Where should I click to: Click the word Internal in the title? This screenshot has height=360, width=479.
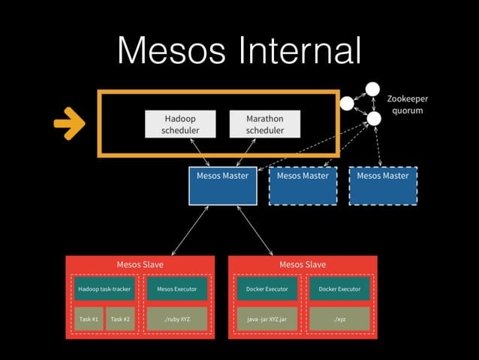pos(301,51)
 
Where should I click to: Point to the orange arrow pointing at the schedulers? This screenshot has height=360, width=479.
pos(69,124)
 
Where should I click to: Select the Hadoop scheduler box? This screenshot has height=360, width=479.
pos(180,124)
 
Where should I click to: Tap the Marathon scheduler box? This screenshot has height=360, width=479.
pos(265,124)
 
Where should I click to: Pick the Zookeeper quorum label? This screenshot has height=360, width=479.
pos(408,104)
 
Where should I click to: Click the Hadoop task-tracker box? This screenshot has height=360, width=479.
pos(104,289)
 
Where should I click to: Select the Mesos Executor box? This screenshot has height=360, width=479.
pos(177,289)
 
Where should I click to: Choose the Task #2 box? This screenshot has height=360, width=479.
pos(120,319)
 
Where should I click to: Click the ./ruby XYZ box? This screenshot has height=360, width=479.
pos(177,319)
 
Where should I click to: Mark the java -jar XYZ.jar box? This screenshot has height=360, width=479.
pos(267,319)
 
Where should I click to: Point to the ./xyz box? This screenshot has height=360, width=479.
pos(339,319)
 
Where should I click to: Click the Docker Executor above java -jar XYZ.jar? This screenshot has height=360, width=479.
pos(267,289)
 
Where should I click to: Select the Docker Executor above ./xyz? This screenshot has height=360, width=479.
pos(339,289)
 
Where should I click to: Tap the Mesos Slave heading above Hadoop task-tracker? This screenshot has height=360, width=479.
pos(140,265)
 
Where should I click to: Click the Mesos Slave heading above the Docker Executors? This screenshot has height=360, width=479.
pos(303,265)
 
